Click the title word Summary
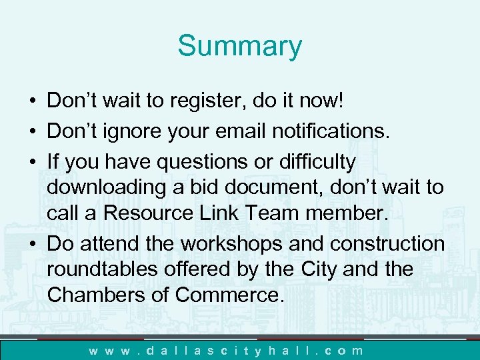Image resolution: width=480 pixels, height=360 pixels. [239, 46]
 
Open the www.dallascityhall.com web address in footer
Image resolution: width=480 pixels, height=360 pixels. [227, 349]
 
